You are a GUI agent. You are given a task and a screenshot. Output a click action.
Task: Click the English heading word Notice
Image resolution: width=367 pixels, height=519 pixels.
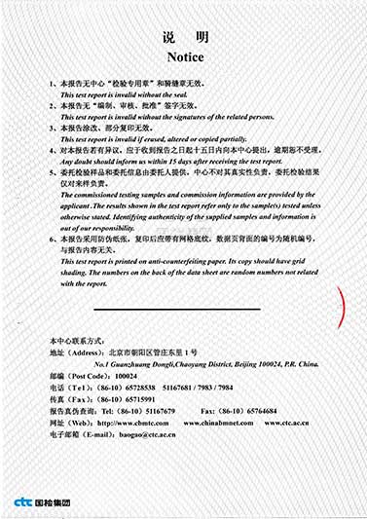(x=184, y=56)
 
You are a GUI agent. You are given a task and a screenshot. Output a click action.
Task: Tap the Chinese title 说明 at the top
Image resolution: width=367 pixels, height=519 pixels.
(x=184, y=37)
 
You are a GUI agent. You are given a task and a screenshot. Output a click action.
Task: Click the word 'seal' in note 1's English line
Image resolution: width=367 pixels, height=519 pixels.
(x=193, y=94)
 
